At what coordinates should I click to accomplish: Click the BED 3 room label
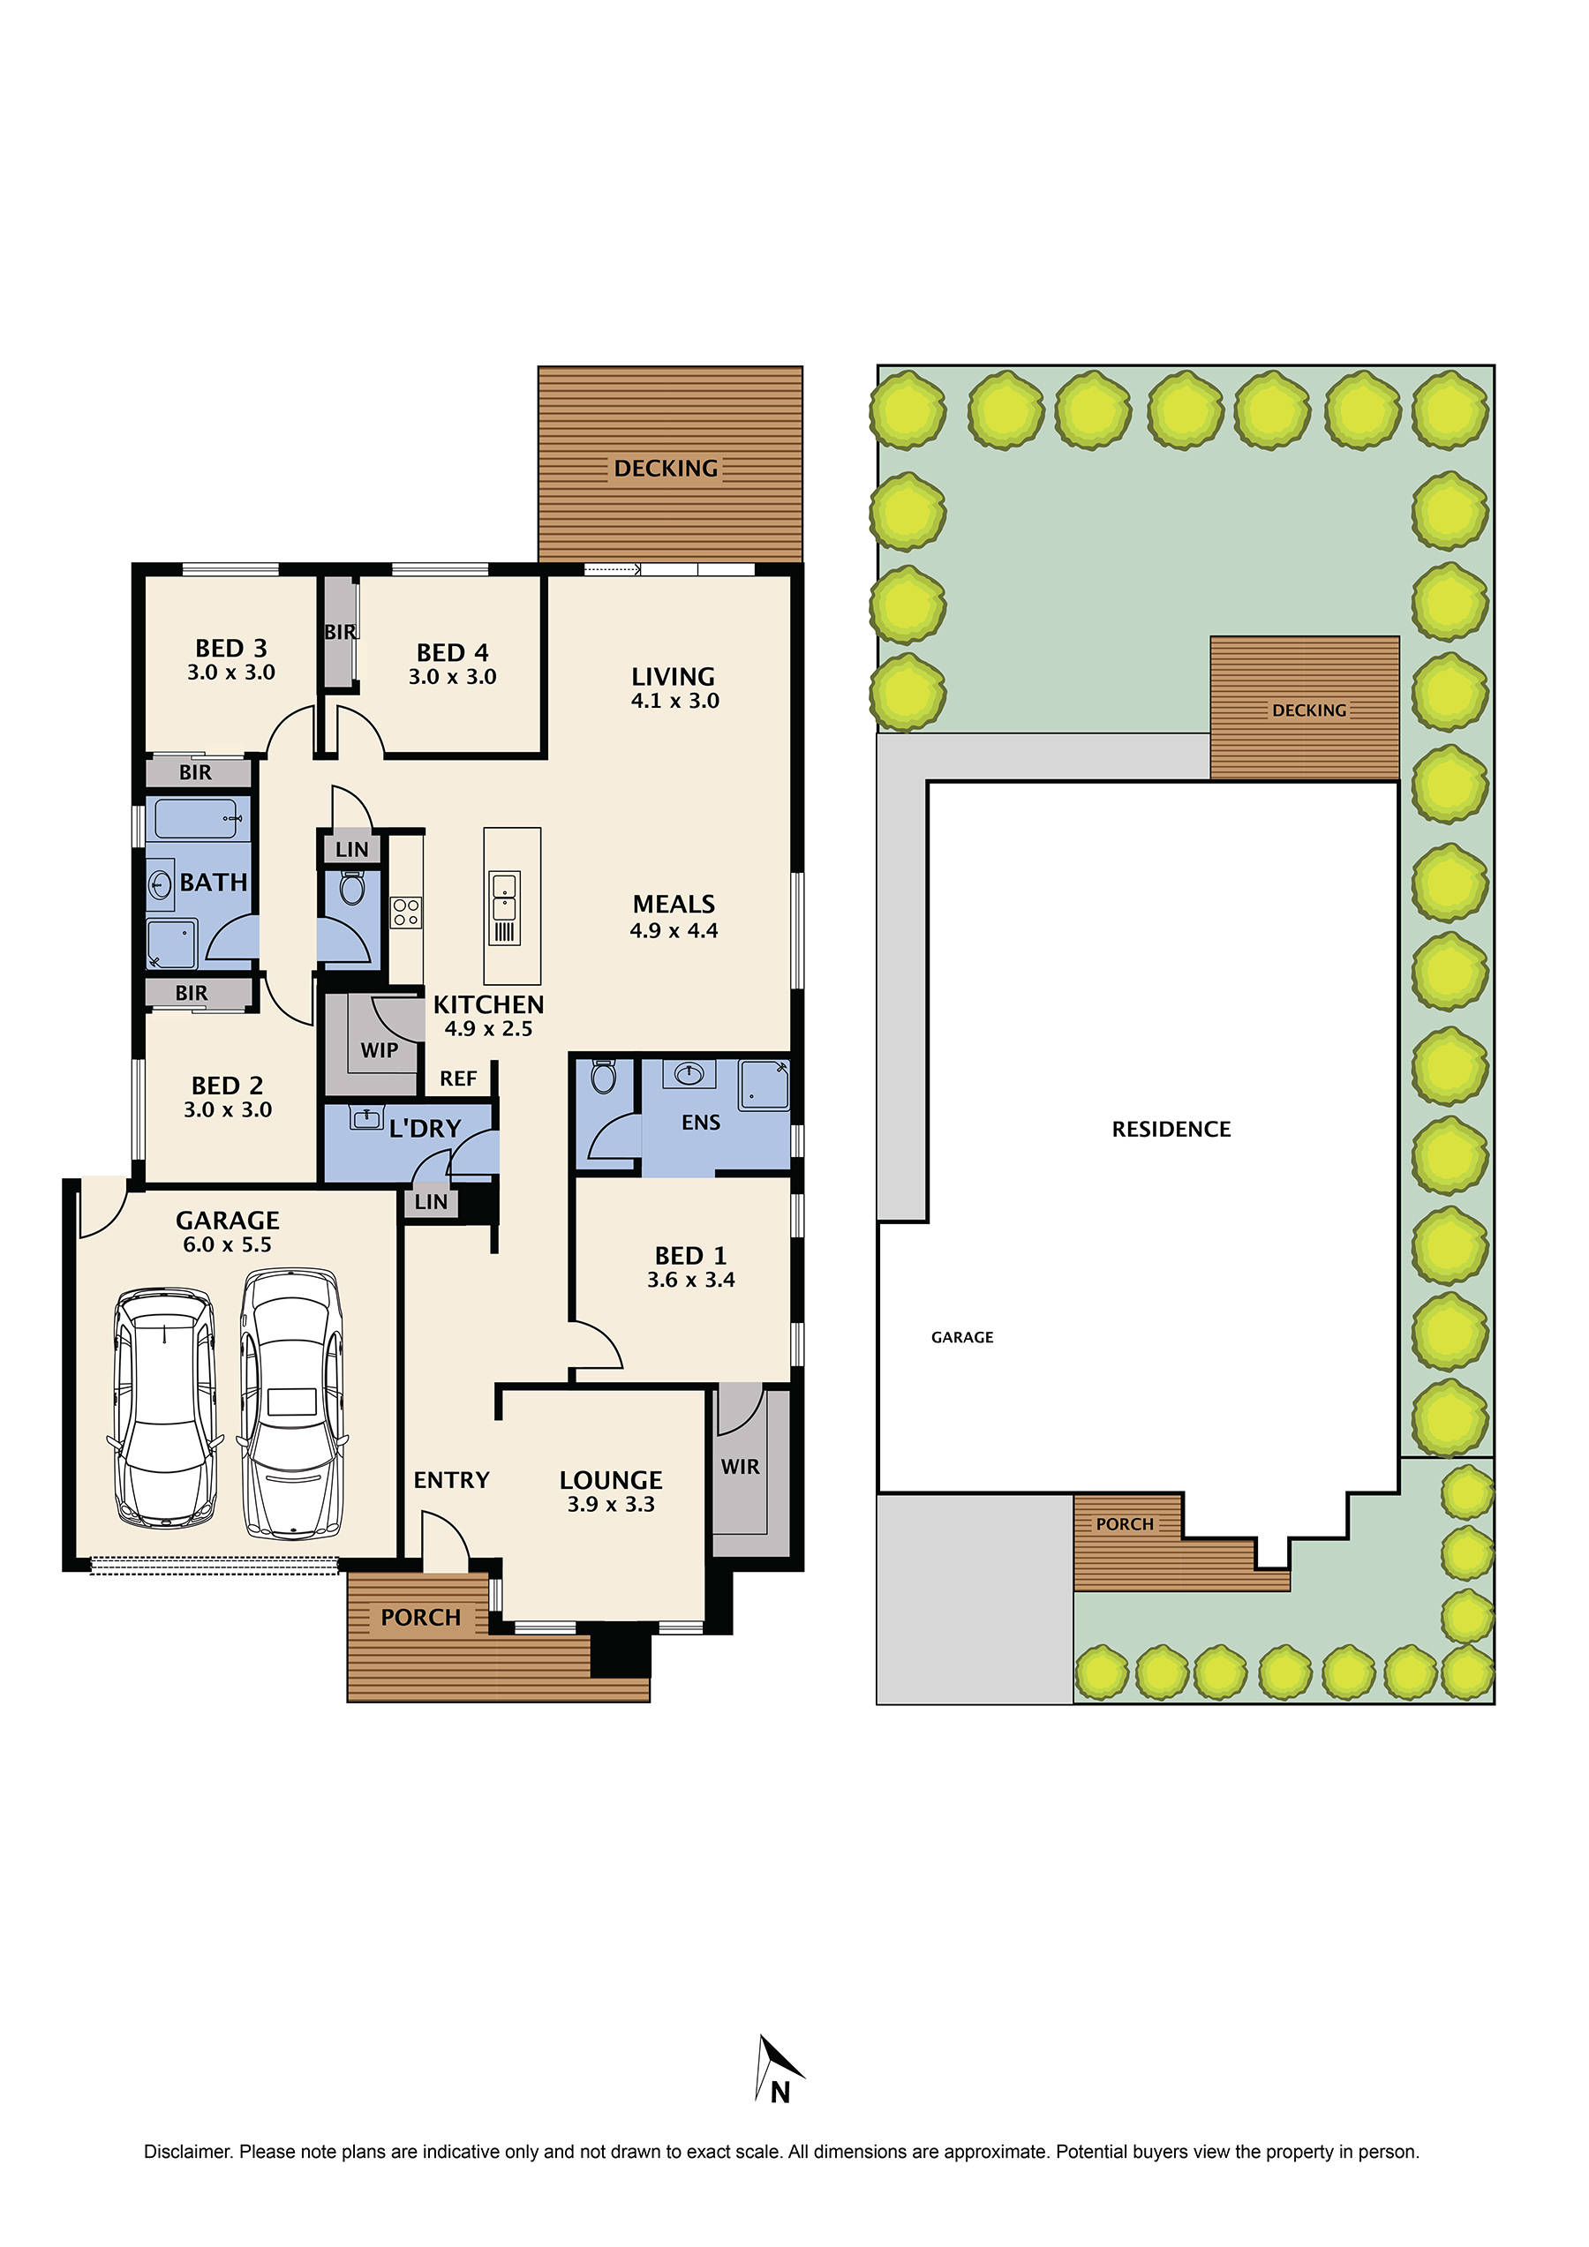[231, 648]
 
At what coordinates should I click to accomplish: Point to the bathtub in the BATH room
[197, 819]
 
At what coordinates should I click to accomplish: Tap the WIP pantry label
[379, 1050]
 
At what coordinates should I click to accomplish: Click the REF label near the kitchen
[457, 1078]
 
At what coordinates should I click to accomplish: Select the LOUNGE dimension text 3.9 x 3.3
[611, 1504]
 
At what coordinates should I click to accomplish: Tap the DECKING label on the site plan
[1309, 710]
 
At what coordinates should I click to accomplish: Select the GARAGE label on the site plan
[961, 1337]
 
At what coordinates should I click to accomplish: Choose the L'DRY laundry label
[424, 1129]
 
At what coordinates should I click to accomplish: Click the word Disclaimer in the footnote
[187, 2152]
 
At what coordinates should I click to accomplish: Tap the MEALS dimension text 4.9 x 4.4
[674, 931]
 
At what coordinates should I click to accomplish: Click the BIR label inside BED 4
[340, 632]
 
